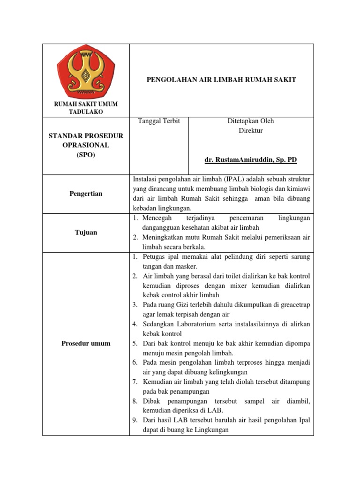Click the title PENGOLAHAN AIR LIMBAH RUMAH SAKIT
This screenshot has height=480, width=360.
coord(222,80)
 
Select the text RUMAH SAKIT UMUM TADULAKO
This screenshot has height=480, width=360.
coord(86,108)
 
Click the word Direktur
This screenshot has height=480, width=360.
coord(251,131)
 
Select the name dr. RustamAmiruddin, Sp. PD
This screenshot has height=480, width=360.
coord(251,160)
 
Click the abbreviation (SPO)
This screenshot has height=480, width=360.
coord(86,155)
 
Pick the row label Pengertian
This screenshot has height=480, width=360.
coord(86,194)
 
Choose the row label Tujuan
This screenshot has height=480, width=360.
coord(86,232)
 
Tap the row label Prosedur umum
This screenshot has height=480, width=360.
coord(86,343)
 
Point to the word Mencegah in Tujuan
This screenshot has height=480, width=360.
coord(158,218)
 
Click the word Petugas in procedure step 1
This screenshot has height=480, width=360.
coord(154,257)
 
